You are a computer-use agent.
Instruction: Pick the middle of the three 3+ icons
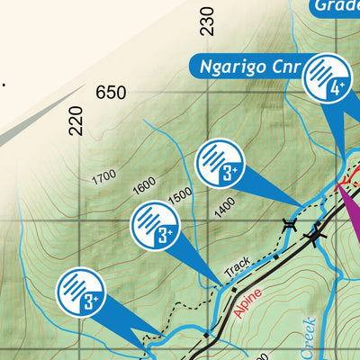pos(155,226)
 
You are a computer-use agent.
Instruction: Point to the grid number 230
pos(208,21)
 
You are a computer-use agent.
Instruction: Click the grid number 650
pos(111,93)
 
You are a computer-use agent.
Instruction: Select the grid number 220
pos(76,121)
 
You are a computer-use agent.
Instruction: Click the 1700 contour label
pos(103,177)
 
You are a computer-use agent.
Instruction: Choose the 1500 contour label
pos(180,193)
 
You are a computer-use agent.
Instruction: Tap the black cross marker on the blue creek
pos(289,224)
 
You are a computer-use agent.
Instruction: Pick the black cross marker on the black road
pos(316,238)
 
